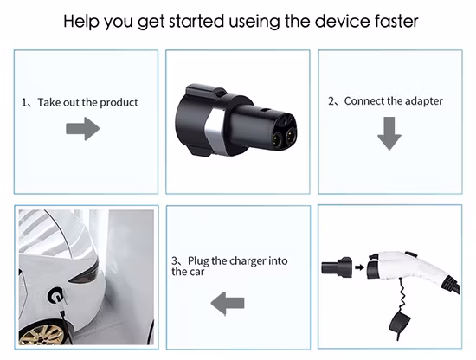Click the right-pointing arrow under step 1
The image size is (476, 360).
point(83,129)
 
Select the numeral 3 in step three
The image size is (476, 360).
point(174,260)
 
